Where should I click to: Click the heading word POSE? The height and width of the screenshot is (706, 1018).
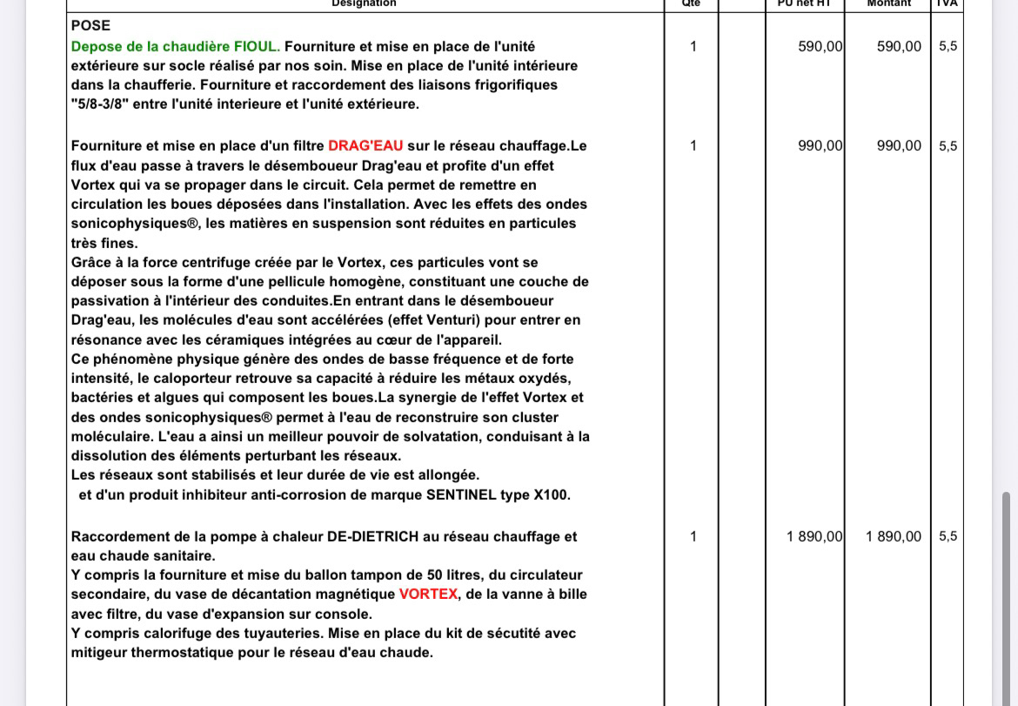(x=90, y=26)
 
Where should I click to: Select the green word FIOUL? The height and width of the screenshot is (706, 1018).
(x=257, y=46)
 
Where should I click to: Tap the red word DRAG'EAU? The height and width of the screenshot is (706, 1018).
(x=365, y=146)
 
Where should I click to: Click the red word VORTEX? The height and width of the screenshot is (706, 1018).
(x=428, y=595)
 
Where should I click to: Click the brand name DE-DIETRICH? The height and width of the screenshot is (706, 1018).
(x=372, y=537)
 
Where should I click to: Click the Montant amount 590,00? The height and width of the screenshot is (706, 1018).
(x=899, y=47)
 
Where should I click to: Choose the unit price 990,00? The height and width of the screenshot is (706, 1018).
(x=820, y=146)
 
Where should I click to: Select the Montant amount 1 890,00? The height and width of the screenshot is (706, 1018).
(x=893, y=537)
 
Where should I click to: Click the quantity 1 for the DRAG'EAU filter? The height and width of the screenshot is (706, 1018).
(x=693, y=146)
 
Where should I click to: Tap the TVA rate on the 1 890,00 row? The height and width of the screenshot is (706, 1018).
(x=948, y=537)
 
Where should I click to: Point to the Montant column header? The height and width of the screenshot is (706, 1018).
(x=888, y=3)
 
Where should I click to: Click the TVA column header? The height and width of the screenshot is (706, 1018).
(x=947, y=3)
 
